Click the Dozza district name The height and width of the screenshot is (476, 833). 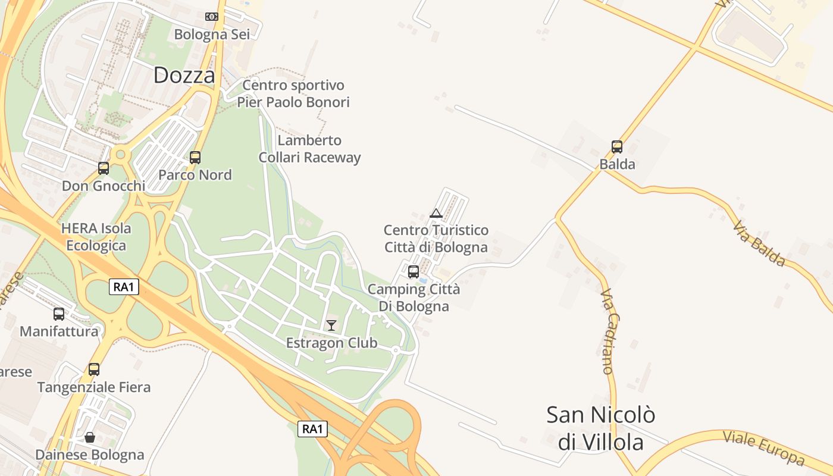pos(184,75)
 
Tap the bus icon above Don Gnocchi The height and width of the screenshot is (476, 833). pos(104,168)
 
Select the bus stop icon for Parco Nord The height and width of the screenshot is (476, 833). pos(195,158)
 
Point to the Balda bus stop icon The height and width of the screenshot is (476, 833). pos(617,146)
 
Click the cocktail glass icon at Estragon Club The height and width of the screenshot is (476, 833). pos(331,325)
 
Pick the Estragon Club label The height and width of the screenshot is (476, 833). pos(331,343)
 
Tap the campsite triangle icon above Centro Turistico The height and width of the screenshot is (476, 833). pos(436,213)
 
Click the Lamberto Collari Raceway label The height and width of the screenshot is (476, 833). pos(309,149)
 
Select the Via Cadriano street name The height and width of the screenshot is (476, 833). pos(607,331)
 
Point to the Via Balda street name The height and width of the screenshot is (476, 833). pos(759,244)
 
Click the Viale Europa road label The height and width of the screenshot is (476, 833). pos(764,447)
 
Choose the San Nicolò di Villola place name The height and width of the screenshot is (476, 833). pos(601,428)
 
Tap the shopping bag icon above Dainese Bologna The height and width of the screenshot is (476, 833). pos(89,438)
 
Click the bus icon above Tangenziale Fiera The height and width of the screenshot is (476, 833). pos(94,369)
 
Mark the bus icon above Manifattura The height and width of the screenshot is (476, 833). pos(59,314)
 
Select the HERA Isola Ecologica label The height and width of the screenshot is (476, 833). pos(96,237)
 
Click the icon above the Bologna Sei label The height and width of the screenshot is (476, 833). pos(211,17)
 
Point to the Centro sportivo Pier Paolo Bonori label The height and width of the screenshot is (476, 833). pos(293,93)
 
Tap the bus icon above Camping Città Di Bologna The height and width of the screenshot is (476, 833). pos(414,272)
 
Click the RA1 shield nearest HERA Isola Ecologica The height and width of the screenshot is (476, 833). pos(124,287)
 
